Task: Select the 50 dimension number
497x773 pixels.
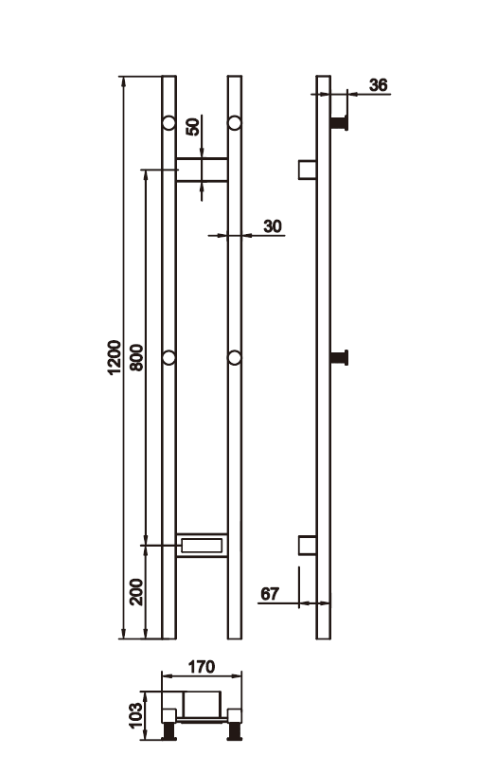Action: [194, 126]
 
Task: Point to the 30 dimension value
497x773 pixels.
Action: [273, 225]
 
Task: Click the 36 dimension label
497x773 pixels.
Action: [378, 85]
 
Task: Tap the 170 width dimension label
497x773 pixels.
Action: [202, 666]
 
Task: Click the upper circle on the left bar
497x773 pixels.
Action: [169, 122]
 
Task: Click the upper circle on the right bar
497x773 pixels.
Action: [235, 122]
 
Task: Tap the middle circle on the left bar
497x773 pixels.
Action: [169, 357]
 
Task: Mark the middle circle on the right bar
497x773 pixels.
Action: [235, 357]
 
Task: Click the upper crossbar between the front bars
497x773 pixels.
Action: [202, 169]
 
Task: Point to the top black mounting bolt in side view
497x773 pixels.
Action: [340, 122]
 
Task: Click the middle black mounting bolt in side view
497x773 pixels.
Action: [340, 357]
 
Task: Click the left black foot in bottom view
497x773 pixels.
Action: [171, 730]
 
